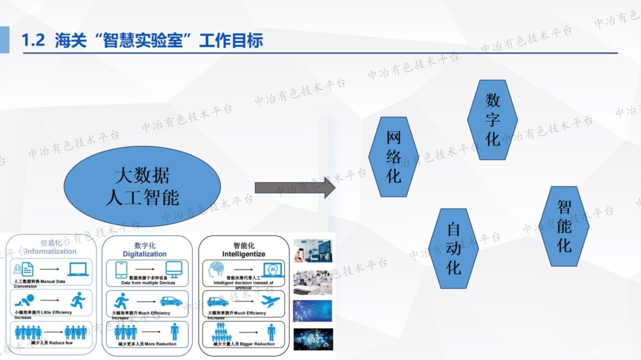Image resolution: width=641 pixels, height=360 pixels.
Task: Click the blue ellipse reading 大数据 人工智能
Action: [142, 187]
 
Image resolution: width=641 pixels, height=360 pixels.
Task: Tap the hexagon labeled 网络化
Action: [393, 157]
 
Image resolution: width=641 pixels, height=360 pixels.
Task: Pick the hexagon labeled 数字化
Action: [492, 120]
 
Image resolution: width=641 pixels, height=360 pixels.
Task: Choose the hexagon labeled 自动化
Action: [454, 248]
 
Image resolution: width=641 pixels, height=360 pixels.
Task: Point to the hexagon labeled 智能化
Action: [564, 226]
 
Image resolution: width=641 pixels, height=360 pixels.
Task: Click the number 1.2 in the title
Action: [33, 40]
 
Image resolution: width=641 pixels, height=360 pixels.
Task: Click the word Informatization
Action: [51, 251]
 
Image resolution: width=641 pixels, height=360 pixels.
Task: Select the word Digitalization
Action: [145, 254]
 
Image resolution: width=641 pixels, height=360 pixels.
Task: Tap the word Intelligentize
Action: [244, 254]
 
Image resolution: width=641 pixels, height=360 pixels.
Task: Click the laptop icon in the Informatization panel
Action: [78, 269]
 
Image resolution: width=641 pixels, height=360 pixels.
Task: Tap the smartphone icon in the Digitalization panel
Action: [121, 269]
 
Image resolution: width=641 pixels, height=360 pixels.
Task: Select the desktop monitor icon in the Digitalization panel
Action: [174, 269]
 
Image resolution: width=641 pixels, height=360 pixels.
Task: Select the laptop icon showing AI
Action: [273, 269]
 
